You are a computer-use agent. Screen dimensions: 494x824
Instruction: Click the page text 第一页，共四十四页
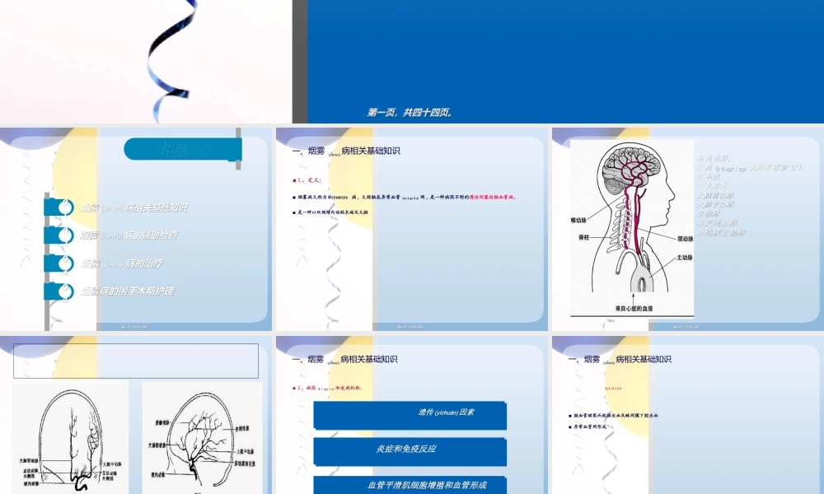(x=409, y=113)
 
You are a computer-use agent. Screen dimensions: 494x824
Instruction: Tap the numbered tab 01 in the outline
(x=59, y=207)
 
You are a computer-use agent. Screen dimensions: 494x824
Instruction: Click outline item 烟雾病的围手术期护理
(x=127, y=291)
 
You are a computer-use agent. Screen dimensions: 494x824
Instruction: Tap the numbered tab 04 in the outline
(x=59, y=291)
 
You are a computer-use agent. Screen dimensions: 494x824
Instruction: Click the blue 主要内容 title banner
(x=182, y=149)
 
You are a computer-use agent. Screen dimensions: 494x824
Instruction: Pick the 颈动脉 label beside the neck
(x=685, y=239)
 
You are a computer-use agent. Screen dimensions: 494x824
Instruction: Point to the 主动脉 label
(x=685, y=258)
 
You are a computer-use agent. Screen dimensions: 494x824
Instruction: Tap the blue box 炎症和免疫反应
(x=410, y=450)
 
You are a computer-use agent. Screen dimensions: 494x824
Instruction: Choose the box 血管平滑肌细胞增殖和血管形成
(x=410, y=485)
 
